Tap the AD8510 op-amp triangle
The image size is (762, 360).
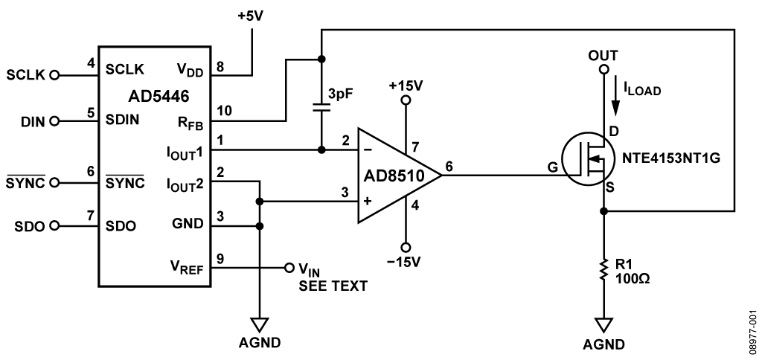click(x=394, y=176)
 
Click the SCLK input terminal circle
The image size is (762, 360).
click(x=54, y=75)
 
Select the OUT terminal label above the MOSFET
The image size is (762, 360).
click(x=603, y=57)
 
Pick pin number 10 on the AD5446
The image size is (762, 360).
click(x=224, y=110)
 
